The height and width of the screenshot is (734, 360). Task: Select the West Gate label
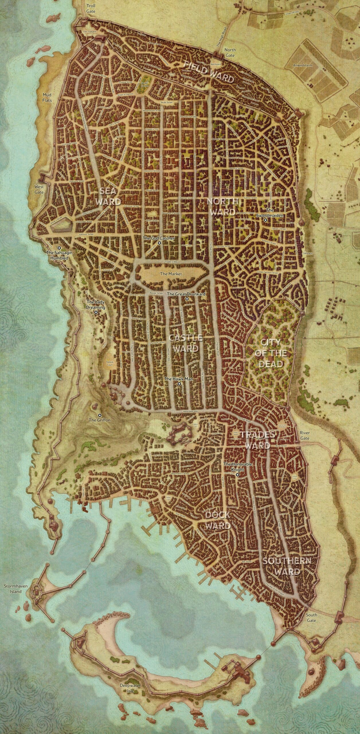39,189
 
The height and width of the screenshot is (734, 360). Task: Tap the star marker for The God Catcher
159,243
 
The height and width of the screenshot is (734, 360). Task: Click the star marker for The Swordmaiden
266,220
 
